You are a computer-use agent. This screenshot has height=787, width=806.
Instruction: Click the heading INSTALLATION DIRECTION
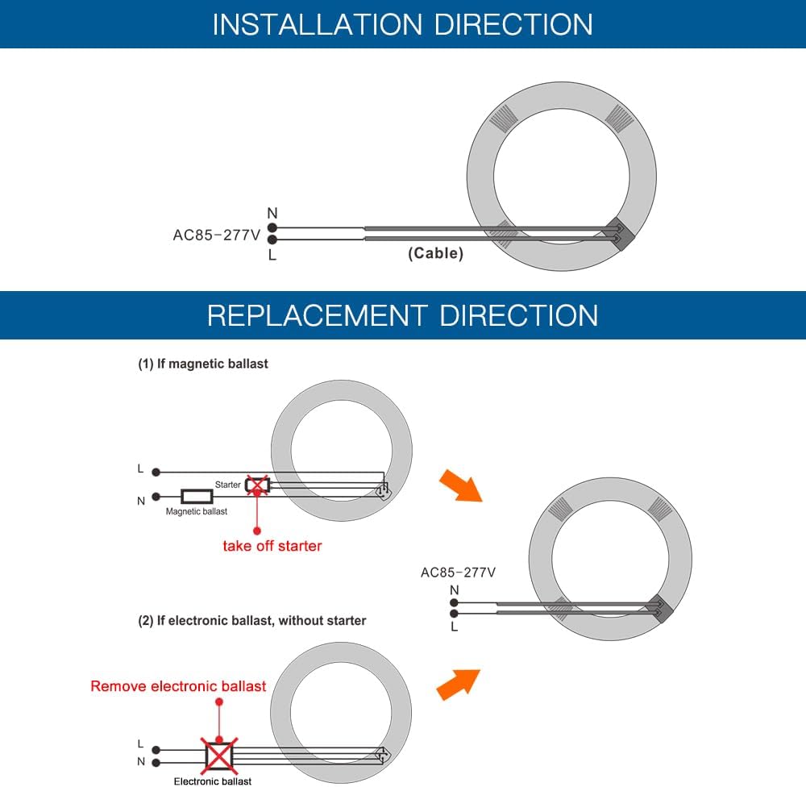(x=402, y=24)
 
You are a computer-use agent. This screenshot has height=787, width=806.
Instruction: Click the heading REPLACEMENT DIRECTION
(x=402, y=314)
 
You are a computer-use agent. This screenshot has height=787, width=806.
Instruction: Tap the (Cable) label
(x=435, y=253)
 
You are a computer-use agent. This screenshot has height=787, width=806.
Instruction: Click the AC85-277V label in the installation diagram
(x=216, y=235)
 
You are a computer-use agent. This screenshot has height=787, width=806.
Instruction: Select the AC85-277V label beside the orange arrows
(x=458, y=573)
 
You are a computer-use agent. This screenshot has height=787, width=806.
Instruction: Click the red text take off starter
(x=272, y=546)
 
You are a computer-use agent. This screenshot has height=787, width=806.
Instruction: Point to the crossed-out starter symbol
(x=256, y=485)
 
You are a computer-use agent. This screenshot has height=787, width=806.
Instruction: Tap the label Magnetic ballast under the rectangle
(x=197, y=511)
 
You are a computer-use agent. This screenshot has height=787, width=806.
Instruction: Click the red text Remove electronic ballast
(x=178, y=686)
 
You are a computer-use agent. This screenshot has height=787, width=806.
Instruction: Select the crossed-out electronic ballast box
(x=218, y=755)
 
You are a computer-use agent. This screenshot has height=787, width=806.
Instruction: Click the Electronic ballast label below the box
(x=213, y=781)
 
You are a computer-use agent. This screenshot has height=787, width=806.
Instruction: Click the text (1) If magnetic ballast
(x=203, y=364)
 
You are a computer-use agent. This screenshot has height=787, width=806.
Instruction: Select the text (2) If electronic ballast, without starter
(x=251, y=621)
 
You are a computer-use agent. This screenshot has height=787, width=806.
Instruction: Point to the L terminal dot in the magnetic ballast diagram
(x=157, y=472)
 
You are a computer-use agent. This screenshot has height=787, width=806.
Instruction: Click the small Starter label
(x=228, y=485)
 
